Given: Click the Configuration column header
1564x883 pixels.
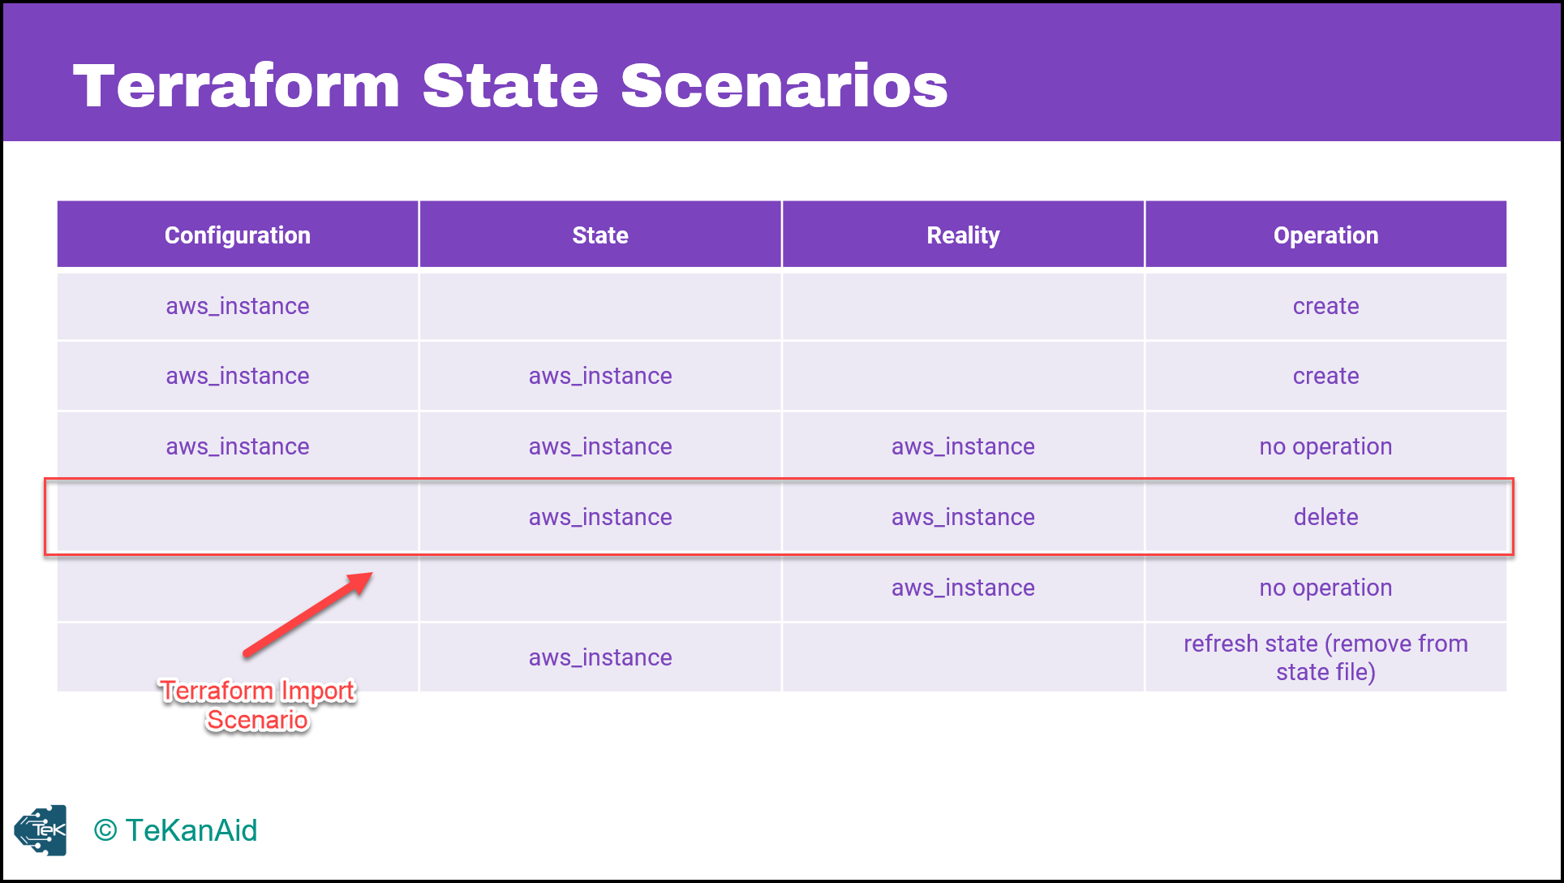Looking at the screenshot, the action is [x=238, y=235].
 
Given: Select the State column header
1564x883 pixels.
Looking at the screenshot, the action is [x=600, y=235].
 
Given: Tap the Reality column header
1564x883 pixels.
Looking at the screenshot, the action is [x=963, y=235].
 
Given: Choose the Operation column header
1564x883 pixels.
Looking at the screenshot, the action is [x=1326, y=235].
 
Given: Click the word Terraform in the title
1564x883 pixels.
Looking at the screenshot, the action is [x=237, y=86].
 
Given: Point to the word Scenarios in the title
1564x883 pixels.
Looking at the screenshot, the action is [x=784, y=86].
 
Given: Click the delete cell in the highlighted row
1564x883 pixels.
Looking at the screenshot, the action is [x=1326, y=517].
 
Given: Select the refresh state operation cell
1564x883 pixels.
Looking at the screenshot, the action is [x=1326, y=657].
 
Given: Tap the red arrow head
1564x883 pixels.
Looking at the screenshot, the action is [x=359, y=582].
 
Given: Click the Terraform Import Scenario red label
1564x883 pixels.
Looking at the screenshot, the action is [x=257, y=705].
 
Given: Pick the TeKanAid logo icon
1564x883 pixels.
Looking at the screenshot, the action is [x=41, y=830].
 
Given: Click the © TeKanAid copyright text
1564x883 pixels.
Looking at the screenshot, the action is [x=175, y=830].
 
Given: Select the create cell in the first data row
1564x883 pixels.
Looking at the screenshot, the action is [x=1326, y=306].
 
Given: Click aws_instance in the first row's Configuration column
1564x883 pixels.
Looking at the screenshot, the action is [x=238, y=306].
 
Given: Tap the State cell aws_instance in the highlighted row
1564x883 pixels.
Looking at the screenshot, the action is [x=600, y=517].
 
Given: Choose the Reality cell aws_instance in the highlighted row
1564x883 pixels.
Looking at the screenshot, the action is [x=963, y=517].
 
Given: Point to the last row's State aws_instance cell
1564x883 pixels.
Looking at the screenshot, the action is [x=600, y=657].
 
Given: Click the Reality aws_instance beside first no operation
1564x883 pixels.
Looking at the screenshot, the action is [x=963, y=446].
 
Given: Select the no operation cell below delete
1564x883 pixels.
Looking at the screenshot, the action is [x=1326, y=588].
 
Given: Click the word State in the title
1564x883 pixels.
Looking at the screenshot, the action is [x=510, y=86].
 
